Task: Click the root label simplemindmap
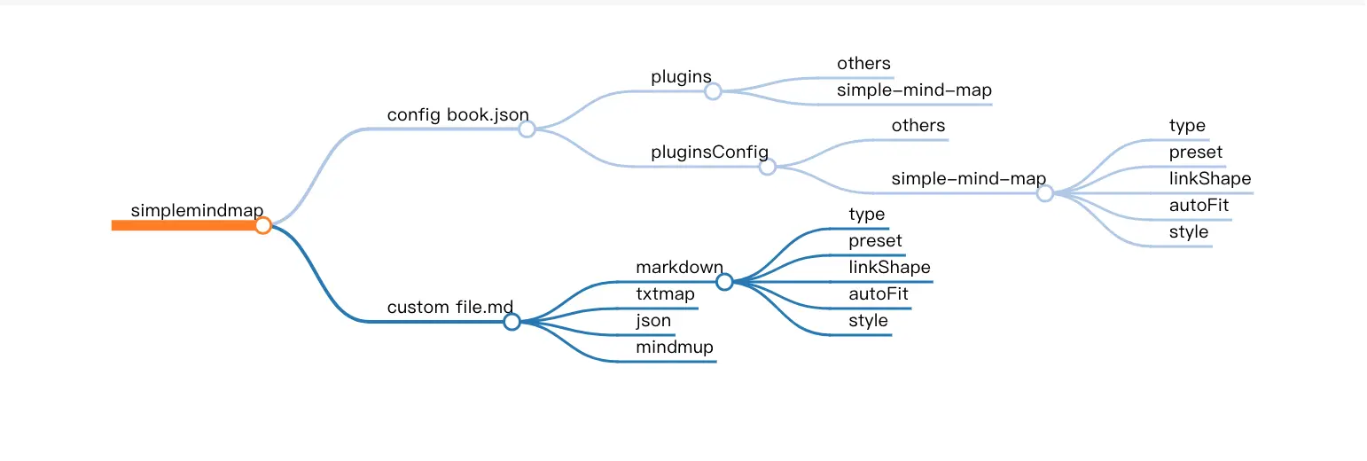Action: tap(197, 210)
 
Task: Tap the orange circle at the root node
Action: tap(262, 225)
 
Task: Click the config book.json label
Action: tap(457, 115)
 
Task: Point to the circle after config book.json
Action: tap(527, 129)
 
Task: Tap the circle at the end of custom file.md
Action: tap(512, 322)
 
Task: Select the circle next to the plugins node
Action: tap(713, 90)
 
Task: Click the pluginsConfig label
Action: tap(709, 152)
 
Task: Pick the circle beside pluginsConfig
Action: tap(768, 167)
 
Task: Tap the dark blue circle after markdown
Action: tap(724, 282)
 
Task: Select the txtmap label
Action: tap(665, 294)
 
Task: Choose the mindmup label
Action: tap(674, 348)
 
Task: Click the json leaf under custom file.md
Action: tap(653, 321)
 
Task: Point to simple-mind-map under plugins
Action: tap(914, 90)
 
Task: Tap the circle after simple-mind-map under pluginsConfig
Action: tap(1045, 193)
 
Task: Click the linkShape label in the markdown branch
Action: tap(889, 268)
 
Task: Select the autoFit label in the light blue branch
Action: tap(1199, 206)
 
